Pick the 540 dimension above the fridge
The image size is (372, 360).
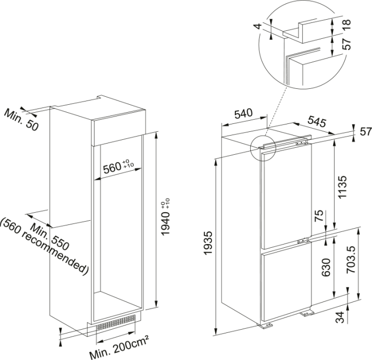(242, 113)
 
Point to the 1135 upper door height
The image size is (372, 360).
(342, 187)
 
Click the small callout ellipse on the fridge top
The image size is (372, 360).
(262, 146)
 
